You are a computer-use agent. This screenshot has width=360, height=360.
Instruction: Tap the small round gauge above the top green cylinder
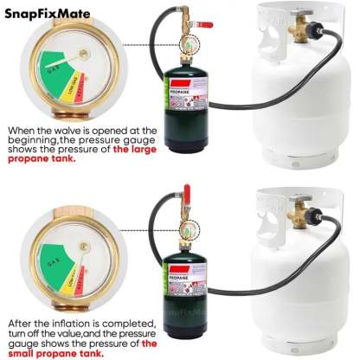coord(185,43)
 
